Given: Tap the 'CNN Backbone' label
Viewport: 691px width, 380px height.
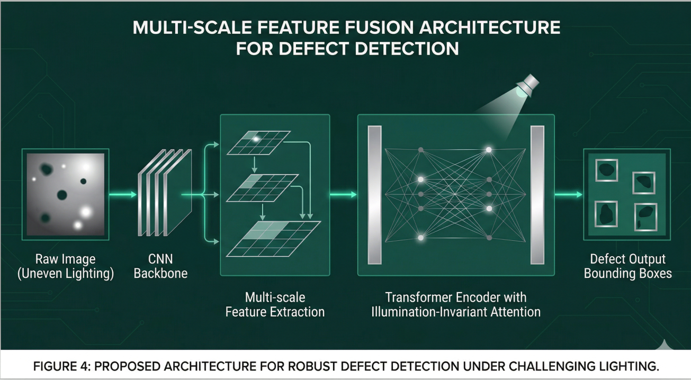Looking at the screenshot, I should point(160,266).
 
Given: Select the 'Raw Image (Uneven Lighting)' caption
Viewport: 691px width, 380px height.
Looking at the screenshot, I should point(66,266).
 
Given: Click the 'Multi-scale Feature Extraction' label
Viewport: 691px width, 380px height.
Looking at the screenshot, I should point(275,304).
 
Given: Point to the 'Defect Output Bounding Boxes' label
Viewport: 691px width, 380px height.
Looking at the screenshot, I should point(627,266).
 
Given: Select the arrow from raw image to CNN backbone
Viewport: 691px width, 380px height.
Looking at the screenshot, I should point(123,195).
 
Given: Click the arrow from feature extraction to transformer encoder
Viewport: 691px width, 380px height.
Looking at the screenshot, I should point(343,195).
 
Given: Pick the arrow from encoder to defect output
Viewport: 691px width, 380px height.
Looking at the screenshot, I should point(568,195).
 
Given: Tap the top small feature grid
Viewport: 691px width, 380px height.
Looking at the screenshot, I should point(259,142).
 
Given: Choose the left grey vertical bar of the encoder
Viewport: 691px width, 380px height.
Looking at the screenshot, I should point(375,195).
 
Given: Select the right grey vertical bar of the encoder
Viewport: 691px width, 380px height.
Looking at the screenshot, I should point(537,195).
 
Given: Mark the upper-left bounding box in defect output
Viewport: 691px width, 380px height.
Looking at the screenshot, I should point(606,170).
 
